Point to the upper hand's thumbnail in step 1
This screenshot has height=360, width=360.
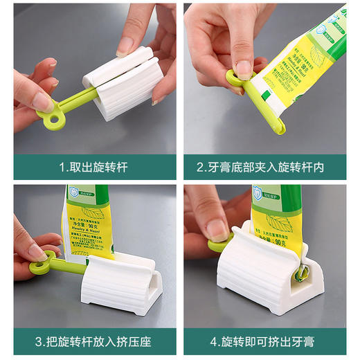click(x=125, y=46)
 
